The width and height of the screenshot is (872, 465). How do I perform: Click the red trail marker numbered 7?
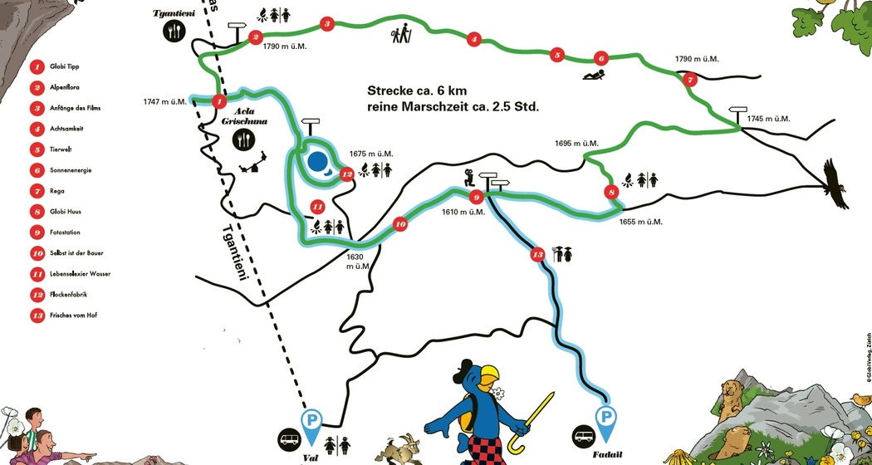pos(690,80)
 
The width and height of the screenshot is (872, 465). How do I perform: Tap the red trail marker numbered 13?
pos(537,254)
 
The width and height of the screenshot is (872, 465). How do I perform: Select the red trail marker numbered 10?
pos(399,224)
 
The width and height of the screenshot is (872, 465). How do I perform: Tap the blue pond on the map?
pos(316,161)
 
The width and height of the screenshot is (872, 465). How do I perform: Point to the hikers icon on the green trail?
pos(402,34)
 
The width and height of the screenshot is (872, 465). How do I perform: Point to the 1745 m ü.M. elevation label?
pos(766,119)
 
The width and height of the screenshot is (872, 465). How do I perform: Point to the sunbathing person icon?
pos(594,76)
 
